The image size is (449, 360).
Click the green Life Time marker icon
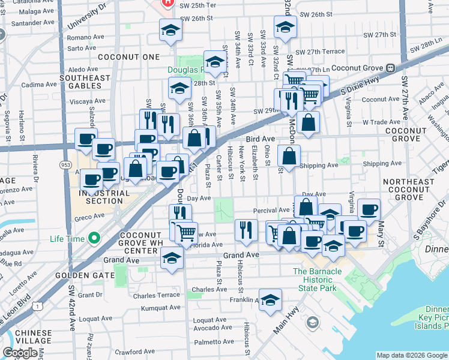94,239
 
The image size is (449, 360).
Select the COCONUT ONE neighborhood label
136,57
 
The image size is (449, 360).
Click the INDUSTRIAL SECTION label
104,197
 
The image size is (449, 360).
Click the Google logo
20,353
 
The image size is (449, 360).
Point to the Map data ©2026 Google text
412,355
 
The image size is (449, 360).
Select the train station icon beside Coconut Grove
390,68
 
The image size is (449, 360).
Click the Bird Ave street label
260,139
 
